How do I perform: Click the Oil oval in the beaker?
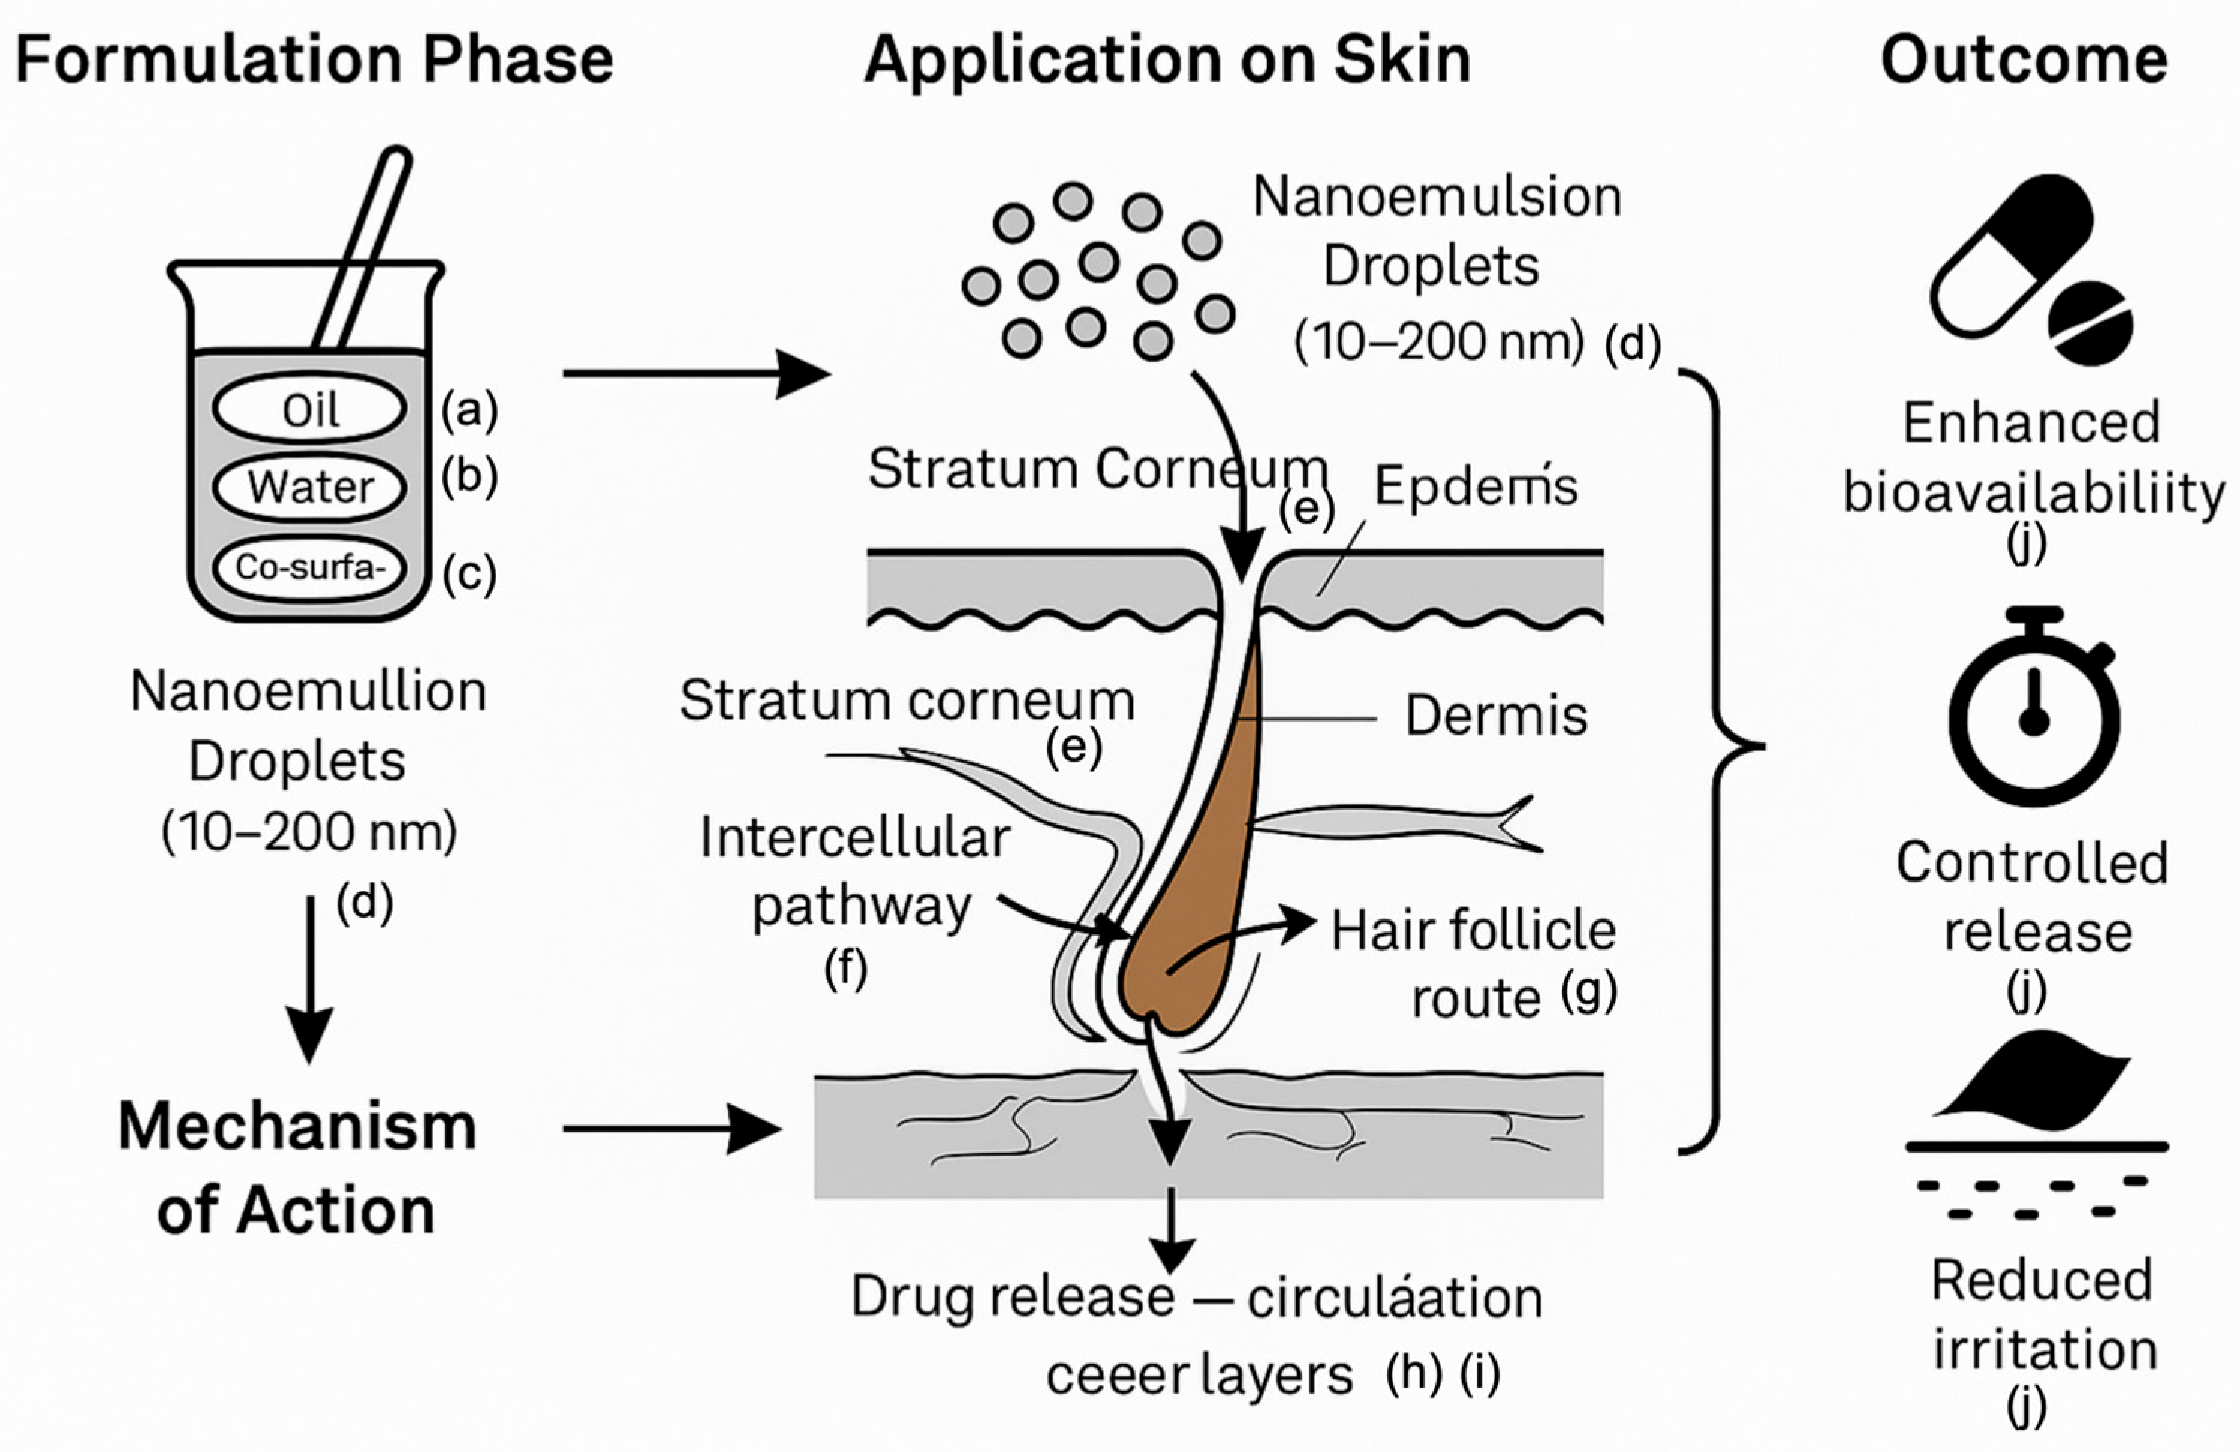click(310, 409)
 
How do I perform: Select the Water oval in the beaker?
click(310, 487)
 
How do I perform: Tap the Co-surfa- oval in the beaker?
click(310, 567)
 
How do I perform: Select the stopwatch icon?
click(2033, 710)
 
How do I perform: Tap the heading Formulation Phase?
click(314, 59)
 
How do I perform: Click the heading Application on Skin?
click(1167, 59)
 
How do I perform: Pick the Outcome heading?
click(2024, 59)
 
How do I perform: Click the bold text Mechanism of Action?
click(296, 1167)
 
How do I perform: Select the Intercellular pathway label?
click(854, 871)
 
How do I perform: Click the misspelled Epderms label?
click(1475, 486)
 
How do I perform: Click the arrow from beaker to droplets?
click(696, 373)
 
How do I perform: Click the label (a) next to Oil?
click(469, 410)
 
